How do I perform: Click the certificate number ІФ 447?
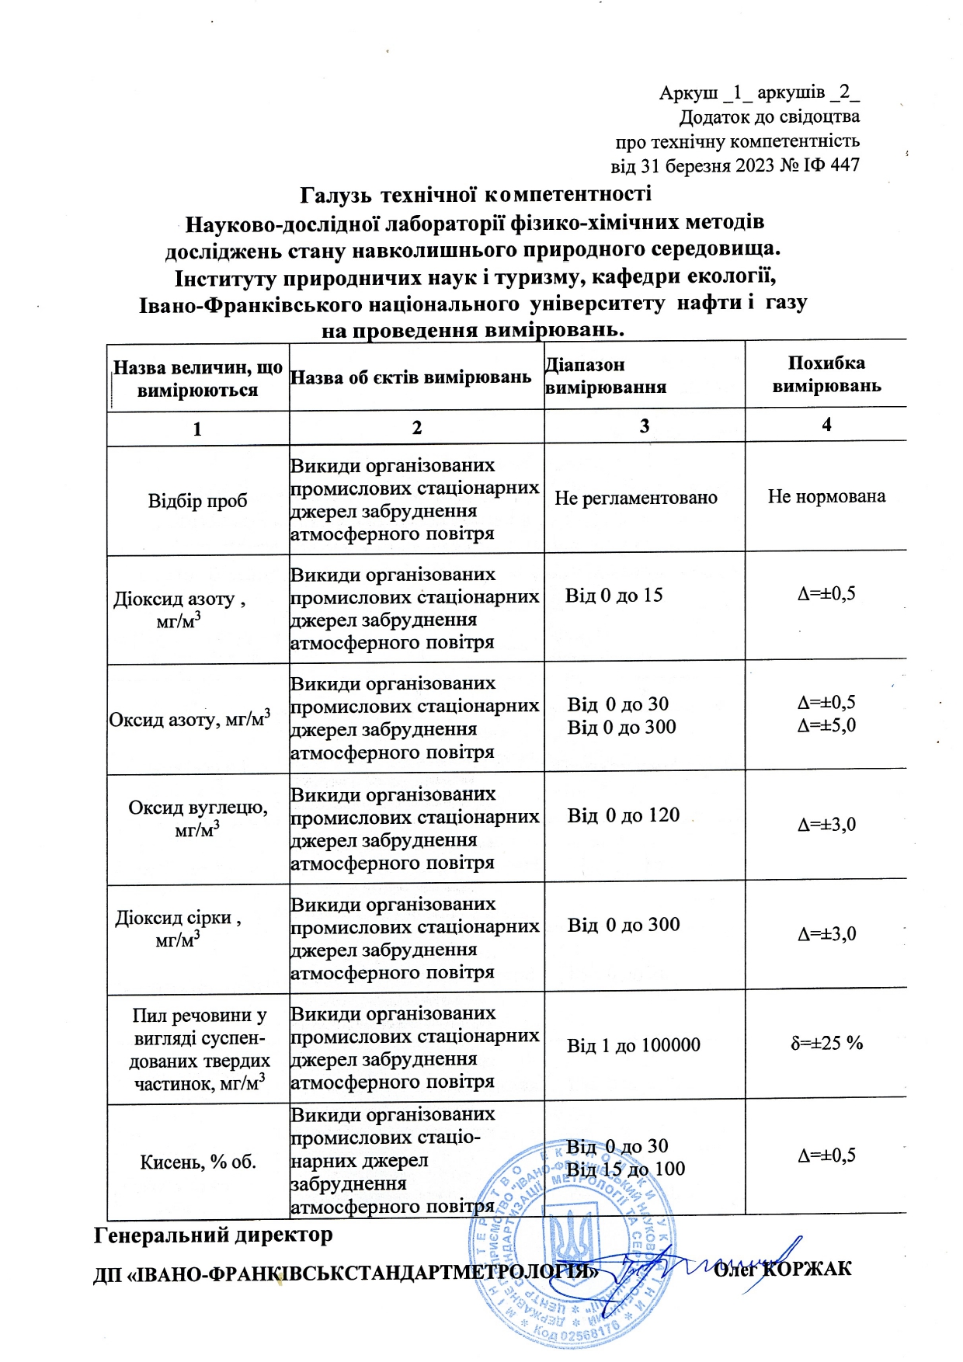click(x=833, y=165)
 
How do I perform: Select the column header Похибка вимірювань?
click(x=826, y=374)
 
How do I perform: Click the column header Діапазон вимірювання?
click(x=605, y=376)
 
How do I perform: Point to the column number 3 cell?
click(x=644, y=426)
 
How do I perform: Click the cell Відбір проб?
click(x=197, y=501)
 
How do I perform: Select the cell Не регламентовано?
click(x=635, y=498)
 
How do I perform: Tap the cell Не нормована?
click(x=826, y=496)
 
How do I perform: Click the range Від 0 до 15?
click(x=614, y=596)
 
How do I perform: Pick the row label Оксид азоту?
click(x=189, y=719)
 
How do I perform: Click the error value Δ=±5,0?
click(x=826, y=725)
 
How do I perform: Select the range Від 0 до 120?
click(x=623, y=815)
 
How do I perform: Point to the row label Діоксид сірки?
click(x=178, y=918)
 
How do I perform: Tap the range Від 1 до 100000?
click(x=633, y=1045)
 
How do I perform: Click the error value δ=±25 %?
click(x=826, y=1043)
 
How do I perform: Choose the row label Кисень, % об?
click(x=197, y=1162)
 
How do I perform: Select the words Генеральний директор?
click(x=213, y=1235)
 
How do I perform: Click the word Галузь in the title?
click(x=335, y=193)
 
